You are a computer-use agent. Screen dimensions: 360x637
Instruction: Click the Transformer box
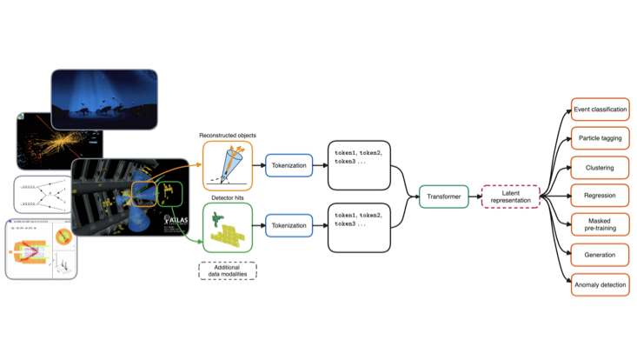443,197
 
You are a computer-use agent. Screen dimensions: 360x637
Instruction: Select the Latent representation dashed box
511,197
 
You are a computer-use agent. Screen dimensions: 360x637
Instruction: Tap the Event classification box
600,110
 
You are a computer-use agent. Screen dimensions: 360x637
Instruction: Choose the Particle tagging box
600,138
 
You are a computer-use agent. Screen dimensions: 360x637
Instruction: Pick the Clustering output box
600,167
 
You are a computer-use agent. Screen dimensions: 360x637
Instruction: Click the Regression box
600,196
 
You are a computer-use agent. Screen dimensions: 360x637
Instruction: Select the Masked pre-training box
600,225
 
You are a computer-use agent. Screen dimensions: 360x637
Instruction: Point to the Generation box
600,255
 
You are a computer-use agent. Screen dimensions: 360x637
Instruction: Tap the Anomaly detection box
600,284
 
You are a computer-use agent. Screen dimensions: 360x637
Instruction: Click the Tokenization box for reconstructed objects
289,164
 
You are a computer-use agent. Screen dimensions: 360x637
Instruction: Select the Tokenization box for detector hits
289,225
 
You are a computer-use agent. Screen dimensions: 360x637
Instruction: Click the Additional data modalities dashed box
228,270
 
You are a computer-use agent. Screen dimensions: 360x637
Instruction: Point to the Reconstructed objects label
228,135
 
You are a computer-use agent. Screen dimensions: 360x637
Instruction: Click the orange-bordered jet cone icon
228,164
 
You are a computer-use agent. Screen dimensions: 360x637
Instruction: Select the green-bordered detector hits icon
228,227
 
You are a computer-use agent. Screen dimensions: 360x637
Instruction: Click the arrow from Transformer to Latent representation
475,197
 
